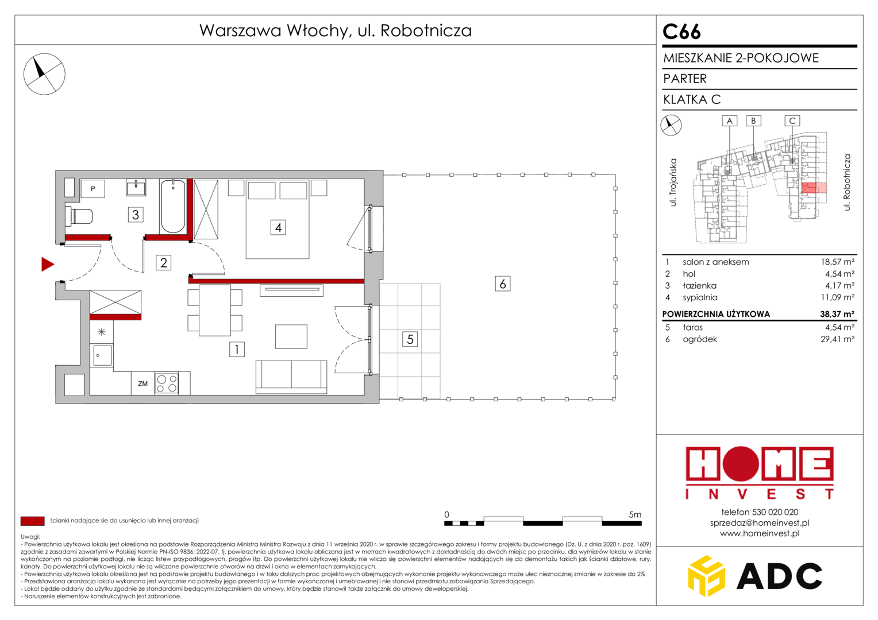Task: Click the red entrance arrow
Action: [47, 265]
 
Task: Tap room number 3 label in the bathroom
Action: [136, 215]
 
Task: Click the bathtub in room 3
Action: [173, 206]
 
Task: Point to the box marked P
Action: [93, 189]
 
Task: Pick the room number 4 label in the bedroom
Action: [278, 227]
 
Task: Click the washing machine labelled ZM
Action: [143, 383]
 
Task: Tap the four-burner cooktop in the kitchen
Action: [167, 383]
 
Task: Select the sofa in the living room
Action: [291, 377]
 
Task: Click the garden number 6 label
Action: [503, 284]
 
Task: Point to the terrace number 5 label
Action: [410, 339]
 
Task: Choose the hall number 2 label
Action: [163, 262]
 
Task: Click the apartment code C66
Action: [681, 32]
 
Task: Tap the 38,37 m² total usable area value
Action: [837, 313]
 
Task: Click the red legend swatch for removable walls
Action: [33, 521]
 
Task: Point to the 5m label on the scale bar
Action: [635, 514]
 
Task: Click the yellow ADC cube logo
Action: [706, 576]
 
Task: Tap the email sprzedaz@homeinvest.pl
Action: [760, 522]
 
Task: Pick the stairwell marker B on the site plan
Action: [753, 121]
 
